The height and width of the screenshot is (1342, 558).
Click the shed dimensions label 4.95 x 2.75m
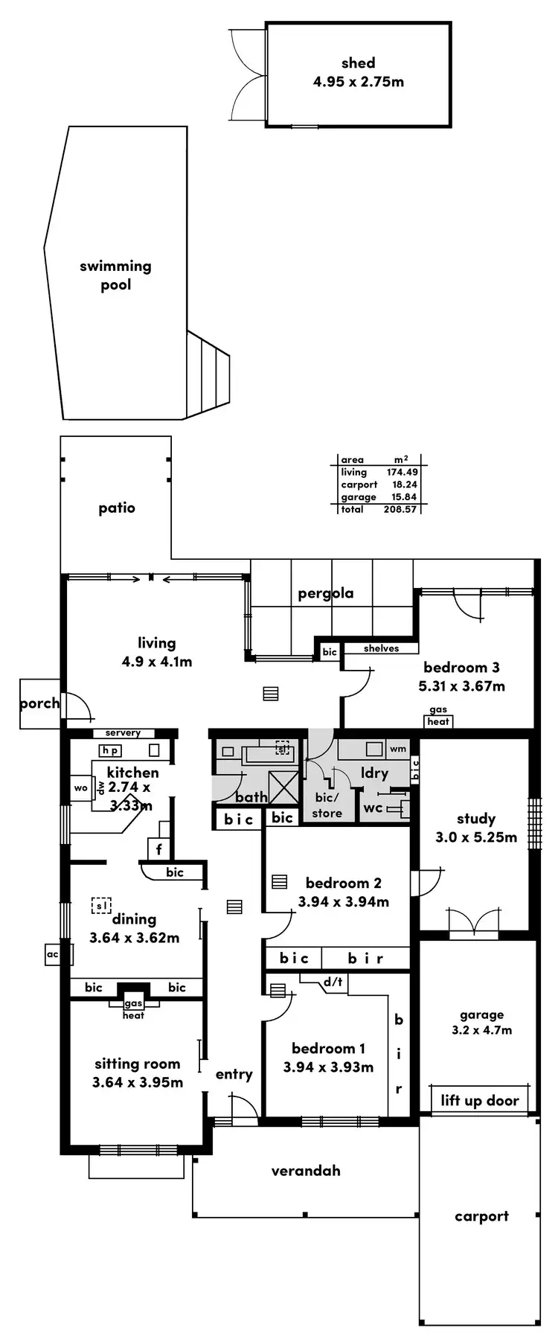[358, 82]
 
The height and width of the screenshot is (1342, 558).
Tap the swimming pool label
[115, 275]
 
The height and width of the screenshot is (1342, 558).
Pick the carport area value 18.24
[405, 485]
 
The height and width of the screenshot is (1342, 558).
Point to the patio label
[117, 508]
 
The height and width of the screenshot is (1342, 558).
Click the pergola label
[325, 593]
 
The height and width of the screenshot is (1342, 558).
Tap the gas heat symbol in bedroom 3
[438, 716]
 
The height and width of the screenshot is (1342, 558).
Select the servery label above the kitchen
[123, 733]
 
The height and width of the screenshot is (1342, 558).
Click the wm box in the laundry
[398, 749]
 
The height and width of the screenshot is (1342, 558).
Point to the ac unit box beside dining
[52, 954]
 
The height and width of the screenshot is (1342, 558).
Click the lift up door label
[479, 1101]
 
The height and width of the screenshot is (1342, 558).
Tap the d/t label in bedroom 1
[333, 982]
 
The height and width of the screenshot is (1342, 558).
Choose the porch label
[39, 703]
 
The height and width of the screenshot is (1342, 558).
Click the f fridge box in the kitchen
[158, 849]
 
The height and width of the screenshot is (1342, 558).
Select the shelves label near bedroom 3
[381, 648]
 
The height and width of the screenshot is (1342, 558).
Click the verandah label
[306, 1171]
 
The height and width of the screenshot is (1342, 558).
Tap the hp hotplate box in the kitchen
[111, 751]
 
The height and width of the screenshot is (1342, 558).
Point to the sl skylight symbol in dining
[101, 905]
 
